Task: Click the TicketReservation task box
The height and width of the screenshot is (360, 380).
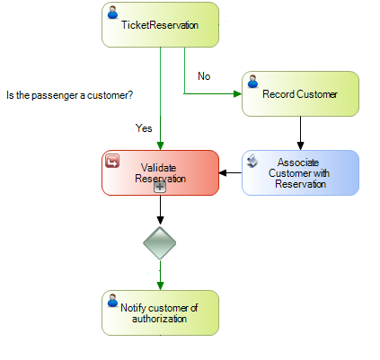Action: (x=160, y=24)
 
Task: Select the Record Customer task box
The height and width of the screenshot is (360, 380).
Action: (x=300, y=93)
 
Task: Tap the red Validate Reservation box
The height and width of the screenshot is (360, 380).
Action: (x=160, y=172)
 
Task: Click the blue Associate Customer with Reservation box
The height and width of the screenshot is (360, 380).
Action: (x=300, y=172)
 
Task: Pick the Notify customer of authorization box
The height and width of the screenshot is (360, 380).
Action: (x=160, y=312)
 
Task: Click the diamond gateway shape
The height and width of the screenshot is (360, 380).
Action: (x=160, y=242)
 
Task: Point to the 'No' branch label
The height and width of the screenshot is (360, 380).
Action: (x=204, y=76)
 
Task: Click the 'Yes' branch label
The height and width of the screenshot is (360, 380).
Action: (x=144, y=128)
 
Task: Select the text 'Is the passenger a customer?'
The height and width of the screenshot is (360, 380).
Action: (x=70, y=94)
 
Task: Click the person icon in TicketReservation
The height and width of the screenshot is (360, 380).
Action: (x=113, y=13)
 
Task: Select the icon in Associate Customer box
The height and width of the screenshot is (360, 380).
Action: (x=253, y=162)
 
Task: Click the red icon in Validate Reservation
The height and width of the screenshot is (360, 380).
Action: (x=114, y=162)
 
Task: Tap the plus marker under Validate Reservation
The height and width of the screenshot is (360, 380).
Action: (x=160, y=187)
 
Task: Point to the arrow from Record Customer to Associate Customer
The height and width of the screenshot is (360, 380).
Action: (x=300, y=132)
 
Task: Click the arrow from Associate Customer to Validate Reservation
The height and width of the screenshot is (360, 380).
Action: (x=231, y=172)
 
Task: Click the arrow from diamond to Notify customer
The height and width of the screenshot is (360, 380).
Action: (x=160, y=275)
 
